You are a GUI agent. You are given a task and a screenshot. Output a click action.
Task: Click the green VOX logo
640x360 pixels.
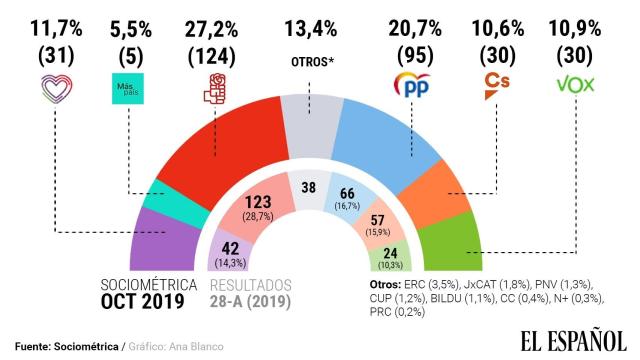(x=578, y=84)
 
